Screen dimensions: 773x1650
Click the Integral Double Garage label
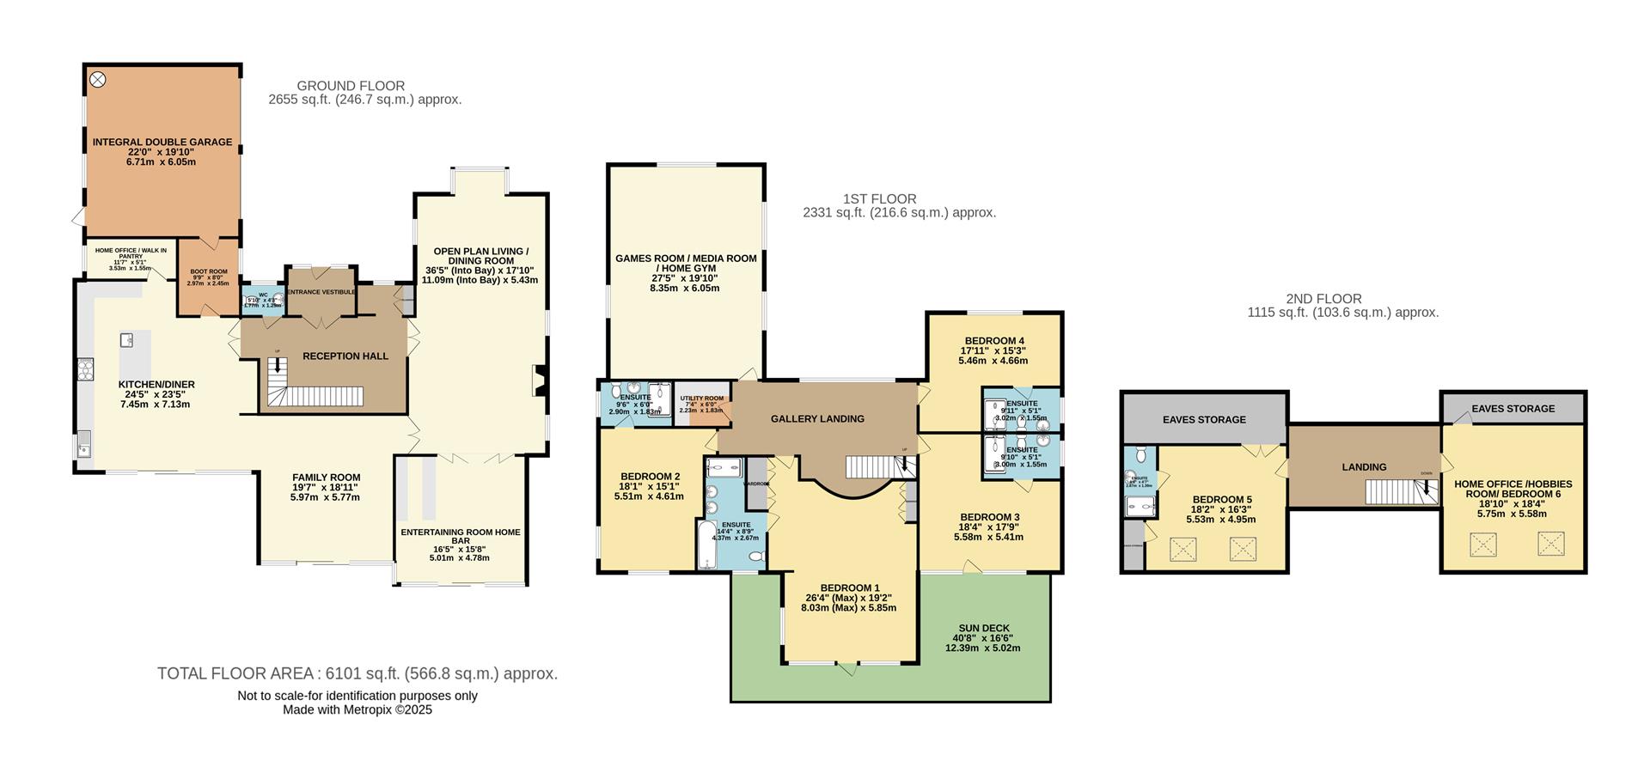162,142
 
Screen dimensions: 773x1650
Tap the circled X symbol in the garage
98,79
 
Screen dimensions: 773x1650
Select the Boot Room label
209,271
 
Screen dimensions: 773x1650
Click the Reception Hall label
345,356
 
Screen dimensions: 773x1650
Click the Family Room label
326,478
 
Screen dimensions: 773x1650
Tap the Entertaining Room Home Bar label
460,536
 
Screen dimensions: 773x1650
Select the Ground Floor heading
351,86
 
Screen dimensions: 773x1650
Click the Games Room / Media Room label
686,263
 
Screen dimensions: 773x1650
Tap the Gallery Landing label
817,419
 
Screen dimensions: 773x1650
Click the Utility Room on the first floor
702,404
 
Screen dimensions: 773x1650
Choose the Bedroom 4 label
993,341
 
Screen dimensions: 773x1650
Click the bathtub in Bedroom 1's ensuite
706,546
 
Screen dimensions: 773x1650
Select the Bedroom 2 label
650,477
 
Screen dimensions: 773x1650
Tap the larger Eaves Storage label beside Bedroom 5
1204,420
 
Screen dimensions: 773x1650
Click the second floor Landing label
1364,467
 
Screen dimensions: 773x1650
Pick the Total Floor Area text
357,674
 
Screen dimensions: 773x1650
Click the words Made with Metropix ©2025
357,710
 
